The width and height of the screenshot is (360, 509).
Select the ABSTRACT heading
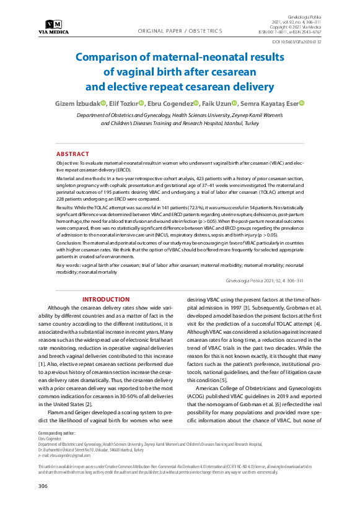[73, 154]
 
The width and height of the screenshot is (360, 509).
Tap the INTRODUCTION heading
[106, 299]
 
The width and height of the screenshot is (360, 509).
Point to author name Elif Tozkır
[123, 103]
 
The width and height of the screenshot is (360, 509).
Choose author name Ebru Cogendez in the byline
[169, 103]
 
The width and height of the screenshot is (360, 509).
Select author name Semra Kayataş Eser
[270, 103]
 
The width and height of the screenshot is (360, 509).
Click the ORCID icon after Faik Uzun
[235, 103]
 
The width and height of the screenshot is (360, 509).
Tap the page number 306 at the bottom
[43, 486]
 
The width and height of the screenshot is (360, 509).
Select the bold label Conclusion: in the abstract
[71, 243]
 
